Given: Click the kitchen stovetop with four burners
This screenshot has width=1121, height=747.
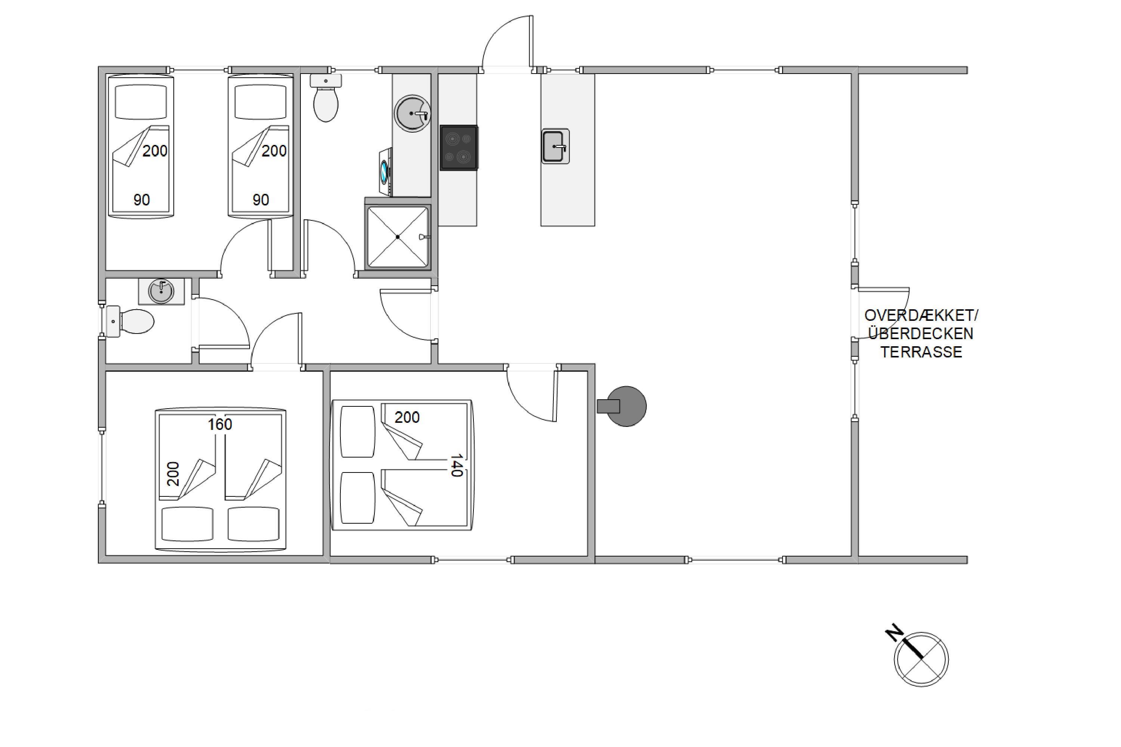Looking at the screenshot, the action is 458,148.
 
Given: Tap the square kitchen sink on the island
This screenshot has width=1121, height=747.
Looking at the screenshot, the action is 555,146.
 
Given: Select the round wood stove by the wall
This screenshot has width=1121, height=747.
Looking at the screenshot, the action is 623,406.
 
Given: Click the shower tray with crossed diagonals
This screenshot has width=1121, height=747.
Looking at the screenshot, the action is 398,237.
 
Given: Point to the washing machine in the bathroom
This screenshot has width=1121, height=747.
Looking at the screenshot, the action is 386,172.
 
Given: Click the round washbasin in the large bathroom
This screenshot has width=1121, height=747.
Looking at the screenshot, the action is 412,114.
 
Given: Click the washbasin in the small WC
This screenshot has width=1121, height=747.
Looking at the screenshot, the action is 161,292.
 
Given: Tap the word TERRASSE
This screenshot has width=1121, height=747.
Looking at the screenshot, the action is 921,352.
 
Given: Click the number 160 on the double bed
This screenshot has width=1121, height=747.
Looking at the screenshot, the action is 220,424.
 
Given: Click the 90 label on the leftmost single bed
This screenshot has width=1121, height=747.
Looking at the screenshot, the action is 142,199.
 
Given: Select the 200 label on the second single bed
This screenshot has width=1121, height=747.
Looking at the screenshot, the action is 274,151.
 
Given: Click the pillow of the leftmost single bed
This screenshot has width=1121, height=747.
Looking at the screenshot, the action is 141,102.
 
